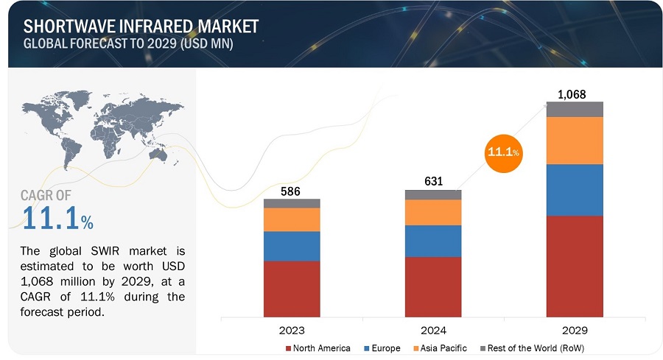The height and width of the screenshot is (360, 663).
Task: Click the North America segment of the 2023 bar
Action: (292, 288)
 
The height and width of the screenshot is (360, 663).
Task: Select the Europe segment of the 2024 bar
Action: (433, 241)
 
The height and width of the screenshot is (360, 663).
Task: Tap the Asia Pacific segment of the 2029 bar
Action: (575, 140)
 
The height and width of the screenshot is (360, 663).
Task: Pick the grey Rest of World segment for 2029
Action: (575, 109)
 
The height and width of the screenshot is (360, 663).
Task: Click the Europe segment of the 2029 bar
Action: (575, 189)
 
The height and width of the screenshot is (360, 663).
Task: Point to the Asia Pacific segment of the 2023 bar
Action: (292, 219)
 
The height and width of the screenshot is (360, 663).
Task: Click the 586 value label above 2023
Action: (292, 191)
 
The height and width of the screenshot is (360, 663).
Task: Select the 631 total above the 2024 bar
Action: (433, 182)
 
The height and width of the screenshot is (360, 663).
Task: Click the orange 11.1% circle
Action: (504, 152)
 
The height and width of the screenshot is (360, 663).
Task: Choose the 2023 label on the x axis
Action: (292, 330)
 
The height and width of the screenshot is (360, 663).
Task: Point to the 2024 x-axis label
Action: (433, 330)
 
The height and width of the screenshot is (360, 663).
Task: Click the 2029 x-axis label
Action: (575, 330)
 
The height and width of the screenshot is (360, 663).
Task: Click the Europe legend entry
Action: (382, 347)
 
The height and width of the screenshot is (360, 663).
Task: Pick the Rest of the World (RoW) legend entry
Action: (531, 347)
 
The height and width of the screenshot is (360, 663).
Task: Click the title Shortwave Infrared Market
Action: (141, 27)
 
